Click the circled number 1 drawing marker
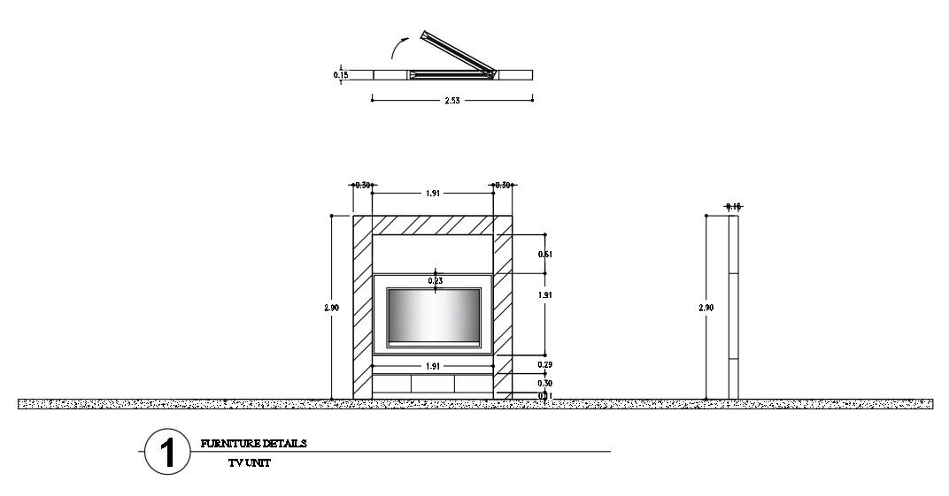pos(166,452)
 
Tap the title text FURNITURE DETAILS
pos(254,444)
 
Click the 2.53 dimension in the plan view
pos(452,100)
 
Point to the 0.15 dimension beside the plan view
pos(341,75)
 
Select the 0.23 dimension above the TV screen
pos(435,281)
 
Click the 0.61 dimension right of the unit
pos(545,255)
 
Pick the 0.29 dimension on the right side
pos(545,364)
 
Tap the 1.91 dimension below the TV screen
pos(433,365)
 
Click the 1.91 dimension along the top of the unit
pos(433,193)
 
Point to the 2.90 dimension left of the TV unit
pos(332,308)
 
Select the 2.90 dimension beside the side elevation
pos(706,308)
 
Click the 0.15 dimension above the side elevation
pos(733,207)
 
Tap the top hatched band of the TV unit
pos(433,225)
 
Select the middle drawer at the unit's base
pos(433,384)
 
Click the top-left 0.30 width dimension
pos(362,186)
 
